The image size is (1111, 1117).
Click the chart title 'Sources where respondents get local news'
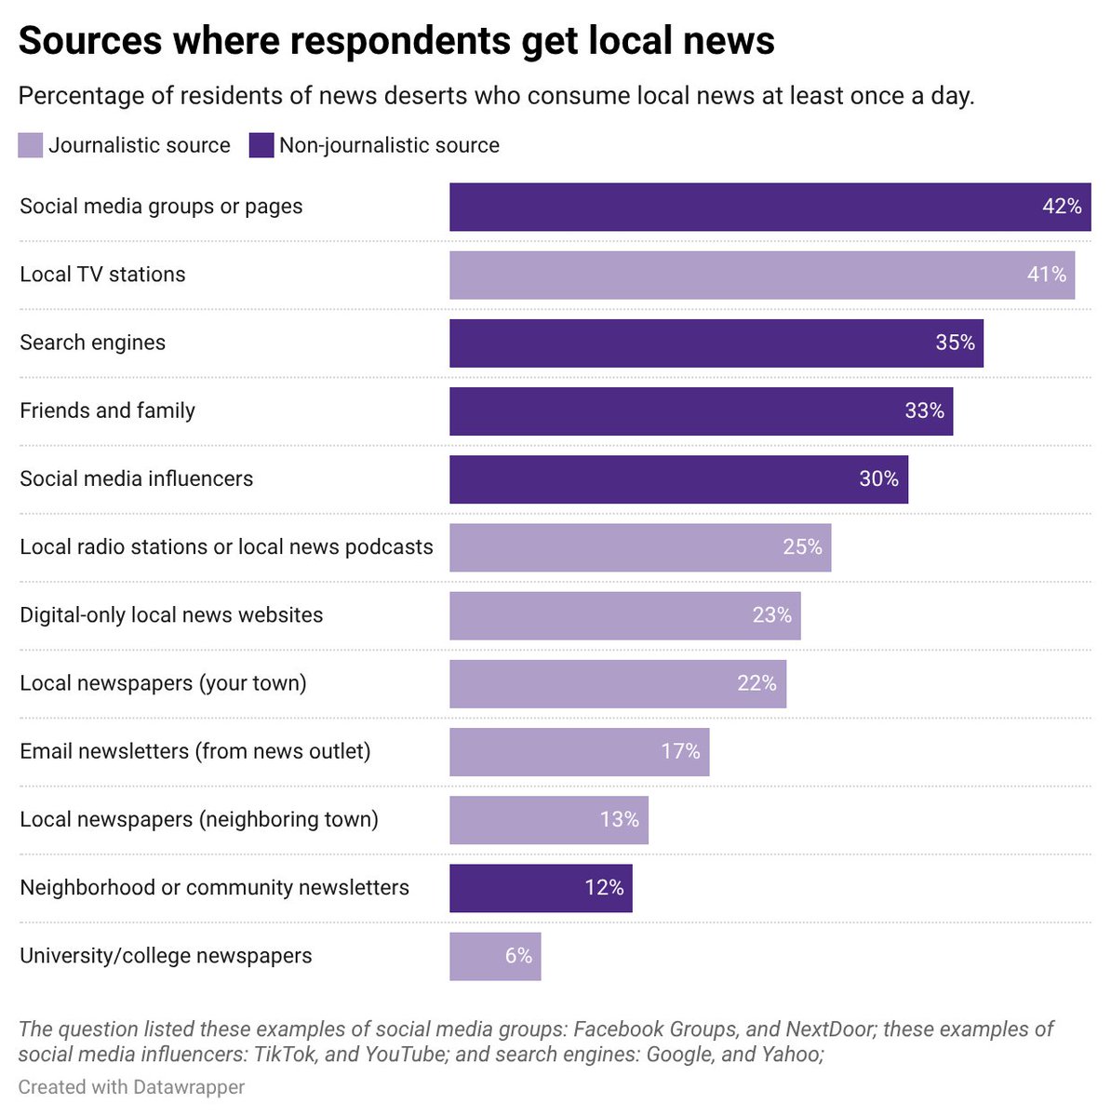point(396,41)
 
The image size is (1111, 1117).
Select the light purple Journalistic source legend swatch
point(31,145)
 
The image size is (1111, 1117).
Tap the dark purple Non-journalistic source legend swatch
point(261,145)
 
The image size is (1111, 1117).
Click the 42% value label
point(1062,207)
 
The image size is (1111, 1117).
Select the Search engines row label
point(93,343)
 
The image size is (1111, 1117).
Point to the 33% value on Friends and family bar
point(924,410)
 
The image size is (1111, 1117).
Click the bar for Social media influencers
point(651,478)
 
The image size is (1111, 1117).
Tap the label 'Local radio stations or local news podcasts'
point(226,546)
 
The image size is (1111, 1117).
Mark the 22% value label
point(756,683)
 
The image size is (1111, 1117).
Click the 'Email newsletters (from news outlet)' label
point(195,751)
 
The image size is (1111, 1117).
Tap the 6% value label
point(518,956)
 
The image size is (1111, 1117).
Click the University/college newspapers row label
point(166,956)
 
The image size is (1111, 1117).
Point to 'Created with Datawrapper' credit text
point(131,1087)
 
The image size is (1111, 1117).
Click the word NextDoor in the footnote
point(828,1029)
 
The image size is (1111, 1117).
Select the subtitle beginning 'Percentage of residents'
point(496,96)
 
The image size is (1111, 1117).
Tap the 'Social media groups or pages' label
point(161,207)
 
